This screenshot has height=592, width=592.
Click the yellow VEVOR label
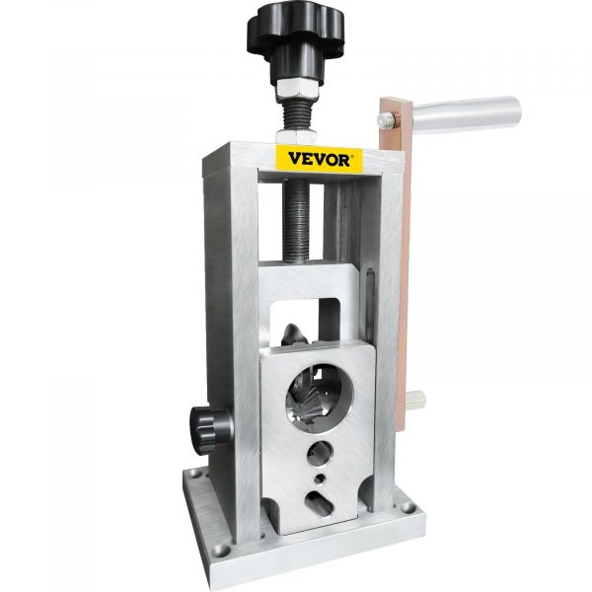pyautogui.click(x=316, y=159)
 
